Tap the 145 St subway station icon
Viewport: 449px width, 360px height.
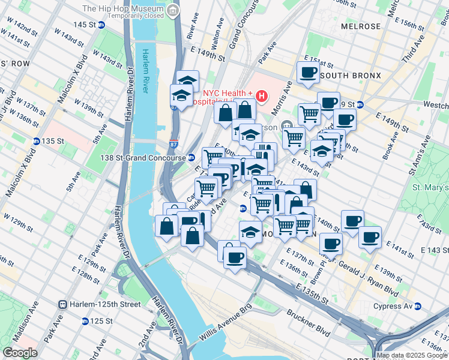[101, 25]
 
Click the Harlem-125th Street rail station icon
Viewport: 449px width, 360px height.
[62, 304]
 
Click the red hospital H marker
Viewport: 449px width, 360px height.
[261, 95]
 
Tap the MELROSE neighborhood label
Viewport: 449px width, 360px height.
[360, 27]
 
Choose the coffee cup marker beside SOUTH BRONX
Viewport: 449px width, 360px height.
[309, 73]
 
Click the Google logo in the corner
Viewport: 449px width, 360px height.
[20, 353]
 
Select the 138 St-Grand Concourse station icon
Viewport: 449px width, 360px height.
[191, 157]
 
